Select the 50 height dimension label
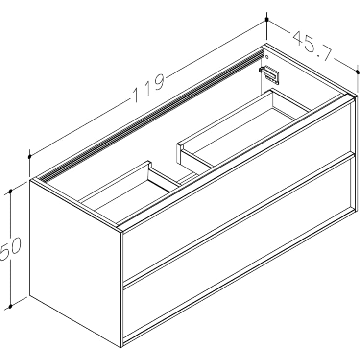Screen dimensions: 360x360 [11, 249]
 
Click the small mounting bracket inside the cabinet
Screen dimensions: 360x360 [270, 74]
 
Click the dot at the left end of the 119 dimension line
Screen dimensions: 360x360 [30, 157]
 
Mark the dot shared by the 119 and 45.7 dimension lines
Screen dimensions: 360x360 [267, 20]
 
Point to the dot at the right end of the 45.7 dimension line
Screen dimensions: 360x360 [358, 72]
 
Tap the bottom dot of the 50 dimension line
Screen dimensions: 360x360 [10, 308]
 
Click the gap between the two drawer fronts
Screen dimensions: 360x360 [238, 219]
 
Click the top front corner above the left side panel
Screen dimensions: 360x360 [120, 229]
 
